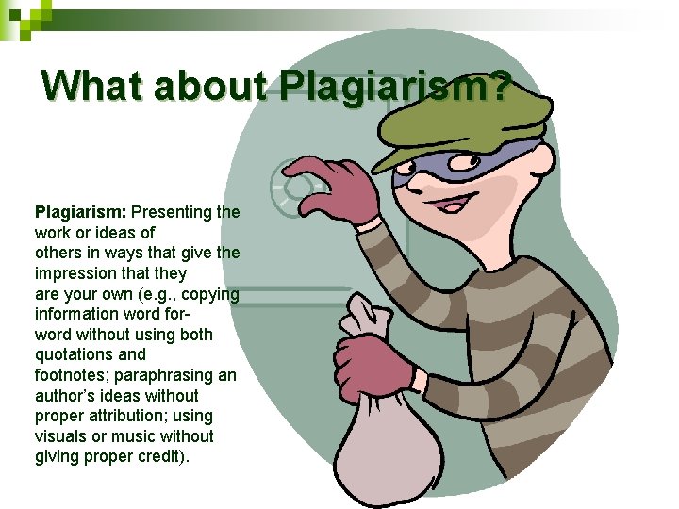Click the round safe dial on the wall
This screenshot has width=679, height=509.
pos(288,189)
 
